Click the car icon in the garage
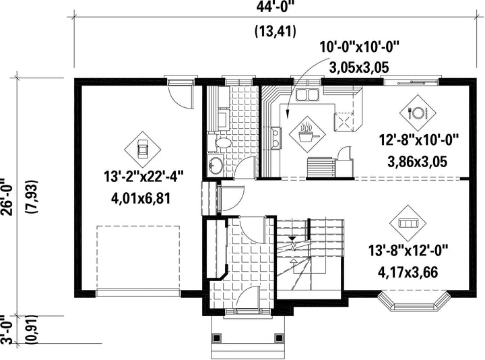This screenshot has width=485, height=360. (142, 149)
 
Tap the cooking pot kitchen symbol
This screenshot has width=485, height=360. (307, 134)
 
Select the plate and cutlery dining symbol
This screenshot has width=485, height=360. (418, 113)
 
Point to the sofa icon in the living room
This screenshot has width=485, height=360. (408, 223)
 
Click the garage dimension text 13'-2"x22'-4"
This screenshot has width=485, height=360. (144, 177)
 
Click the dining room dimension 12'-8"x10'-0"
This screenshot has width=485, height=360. (418, 140)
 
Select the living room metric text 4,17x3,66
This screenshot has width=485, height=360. (408, 272)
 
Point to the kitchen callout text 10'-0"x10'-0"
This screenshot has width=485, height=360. (360, 48)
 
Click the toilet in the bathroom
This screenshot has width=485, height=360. (220, 143)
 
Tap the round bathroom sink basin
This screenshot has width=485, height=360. (215, 165)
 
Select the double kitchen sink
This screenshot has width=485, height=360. (307, 95)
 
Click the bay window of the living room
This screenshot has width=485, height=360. (414, 301)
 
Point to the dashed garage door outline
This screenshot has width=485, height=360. (138, 258)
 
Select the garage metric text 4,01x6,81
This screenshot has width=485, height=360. (141, 198)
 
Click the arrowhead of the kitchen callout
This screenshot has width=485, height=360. (288, 115)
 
